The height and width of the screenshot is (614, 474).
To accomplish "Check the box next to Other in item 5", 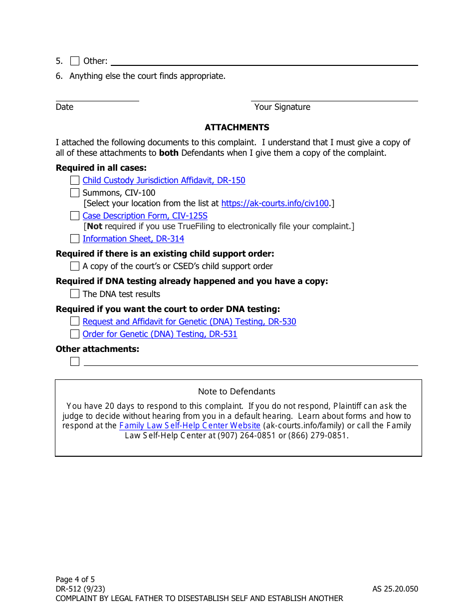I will [75, 61].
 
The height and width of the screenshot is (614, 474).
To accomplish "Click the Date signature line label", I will [64, 107].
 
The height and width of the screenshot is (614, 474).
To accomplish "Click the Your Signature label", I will [282, 107].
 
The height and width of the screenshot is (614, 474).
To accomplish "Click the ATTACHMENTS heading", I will [237, 127].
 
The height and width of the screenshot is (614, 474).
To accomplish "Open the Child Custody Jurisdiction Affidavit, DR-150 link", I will [164, 180].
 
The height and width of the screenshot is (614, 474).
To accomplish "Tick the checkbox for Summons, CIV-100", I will [75, 193].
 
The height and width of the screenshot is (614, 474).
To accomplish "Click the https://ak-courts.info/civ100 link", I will [275, 203].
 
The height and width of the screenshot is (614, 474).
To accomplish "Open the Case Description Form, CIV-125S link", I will [145, 216].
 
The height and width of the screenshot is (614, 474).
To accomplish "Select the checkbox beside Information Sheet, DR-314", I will [75, 239].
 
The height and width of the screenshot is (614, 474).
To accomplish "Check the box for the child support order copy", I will [75, 266].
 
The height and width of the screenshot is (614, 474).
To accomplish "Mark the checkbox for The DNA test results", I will [75, 294].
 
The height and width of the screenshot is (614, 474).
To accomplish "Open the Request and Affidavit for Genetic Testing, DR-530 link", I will [189, 321].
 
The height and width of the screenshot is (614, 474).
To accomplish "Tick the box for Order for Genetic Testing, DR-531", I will [75, 334].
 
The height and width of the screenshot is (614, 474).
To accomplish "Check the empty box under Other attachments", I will [75, 361].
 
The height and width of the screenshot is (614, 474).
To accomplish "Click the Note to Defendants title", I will [237, 391].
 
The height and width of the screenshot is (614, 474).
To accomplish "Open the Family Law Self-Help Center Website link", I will [190, 425].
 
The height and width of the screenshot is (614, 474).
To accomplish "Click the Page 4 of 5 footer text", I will [75, 579].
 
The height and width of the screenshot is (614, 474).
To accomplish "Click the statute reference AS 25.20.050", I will [395, 589].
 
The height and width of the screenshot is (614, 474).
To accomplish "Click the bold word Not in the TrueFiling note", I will [94, 226].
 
